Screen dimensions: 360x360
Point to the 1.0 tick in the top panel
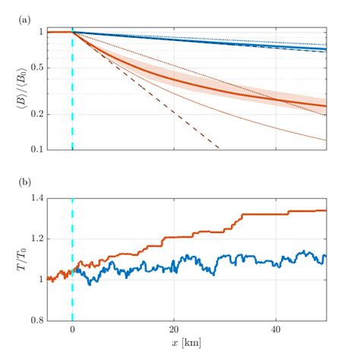click(38, 32)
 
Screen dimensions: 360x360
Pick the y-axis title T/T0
click(13, 259)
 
